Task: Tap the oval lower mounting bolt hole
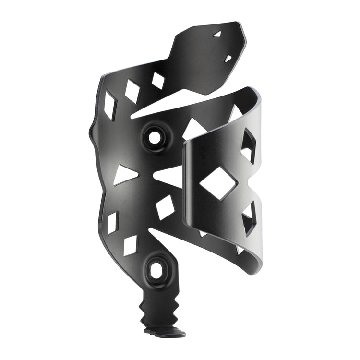pyautogui.click(x=156, y=270)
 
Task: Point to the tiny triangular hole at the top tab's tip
pyautogui.click(x=217, y=34)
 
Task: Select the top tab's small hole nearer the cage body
pyautogui.click(x=228, y=59)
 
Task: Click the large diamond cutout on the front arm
pyautogui.click(x=218, y=183)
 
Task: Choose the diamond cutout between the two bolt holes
pyautogui.click(x=165, y=207)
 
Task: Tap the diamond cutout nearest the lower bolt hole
pyautogui.click(x=130, y=245)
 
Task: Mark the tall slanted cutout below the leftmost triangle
pyautogui.click(x=113, y=223)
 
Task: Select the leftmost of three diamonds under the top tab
pyautogui.click(x=110, y=105)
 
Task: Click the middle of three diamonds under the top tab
pyautogui.click(x=132, y=91)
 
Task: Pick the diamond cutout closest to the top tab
pyautogui.click(x=158, y=80)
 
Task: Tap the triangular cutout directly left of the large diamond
pyautogui.click(x=169, y=176)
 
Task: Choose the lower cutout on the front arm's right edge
pyautogui.click(x=249, y=218)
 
